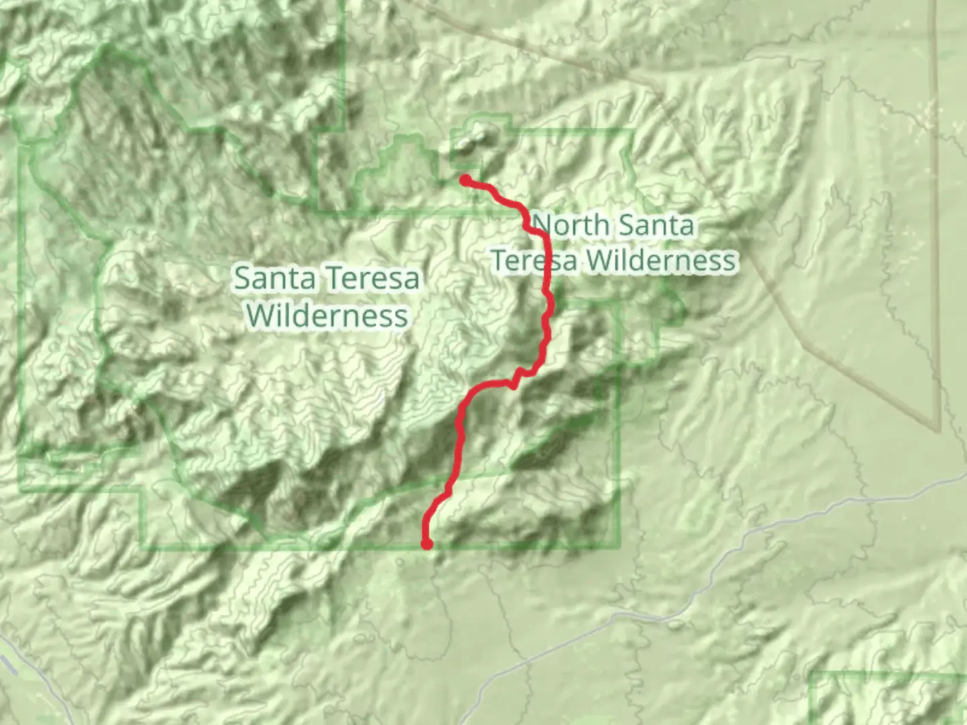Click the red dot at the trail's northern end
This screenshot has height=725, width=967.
pyautogui.click(x=465, y=179)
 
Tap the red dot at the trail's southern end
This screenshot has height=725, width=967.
pyautogui.click(x=426, y=544)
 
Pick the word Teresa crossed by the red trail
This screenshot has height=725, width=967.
pyautogui.click(x=535, y=260)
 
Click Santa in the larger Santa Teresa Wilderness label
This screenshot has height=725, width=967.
pyautogui.click(x=275, y=278)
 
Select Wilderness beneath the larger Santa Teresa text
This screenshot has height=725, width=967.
pyautogui.click(x=327, y=315)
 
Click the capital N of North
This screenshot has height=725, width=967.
pyautogui.click(x=543, y=225)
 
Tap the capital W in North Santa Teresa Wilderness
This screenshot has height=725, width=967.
pyautogui.click(x=599, y=260)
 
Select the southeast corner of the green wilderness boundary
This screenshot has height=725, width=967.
pyautogui.click(x=619, y=547)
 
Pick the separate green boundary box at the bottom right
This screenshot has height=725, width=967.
pyautogui.click(x=886, y=698)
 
